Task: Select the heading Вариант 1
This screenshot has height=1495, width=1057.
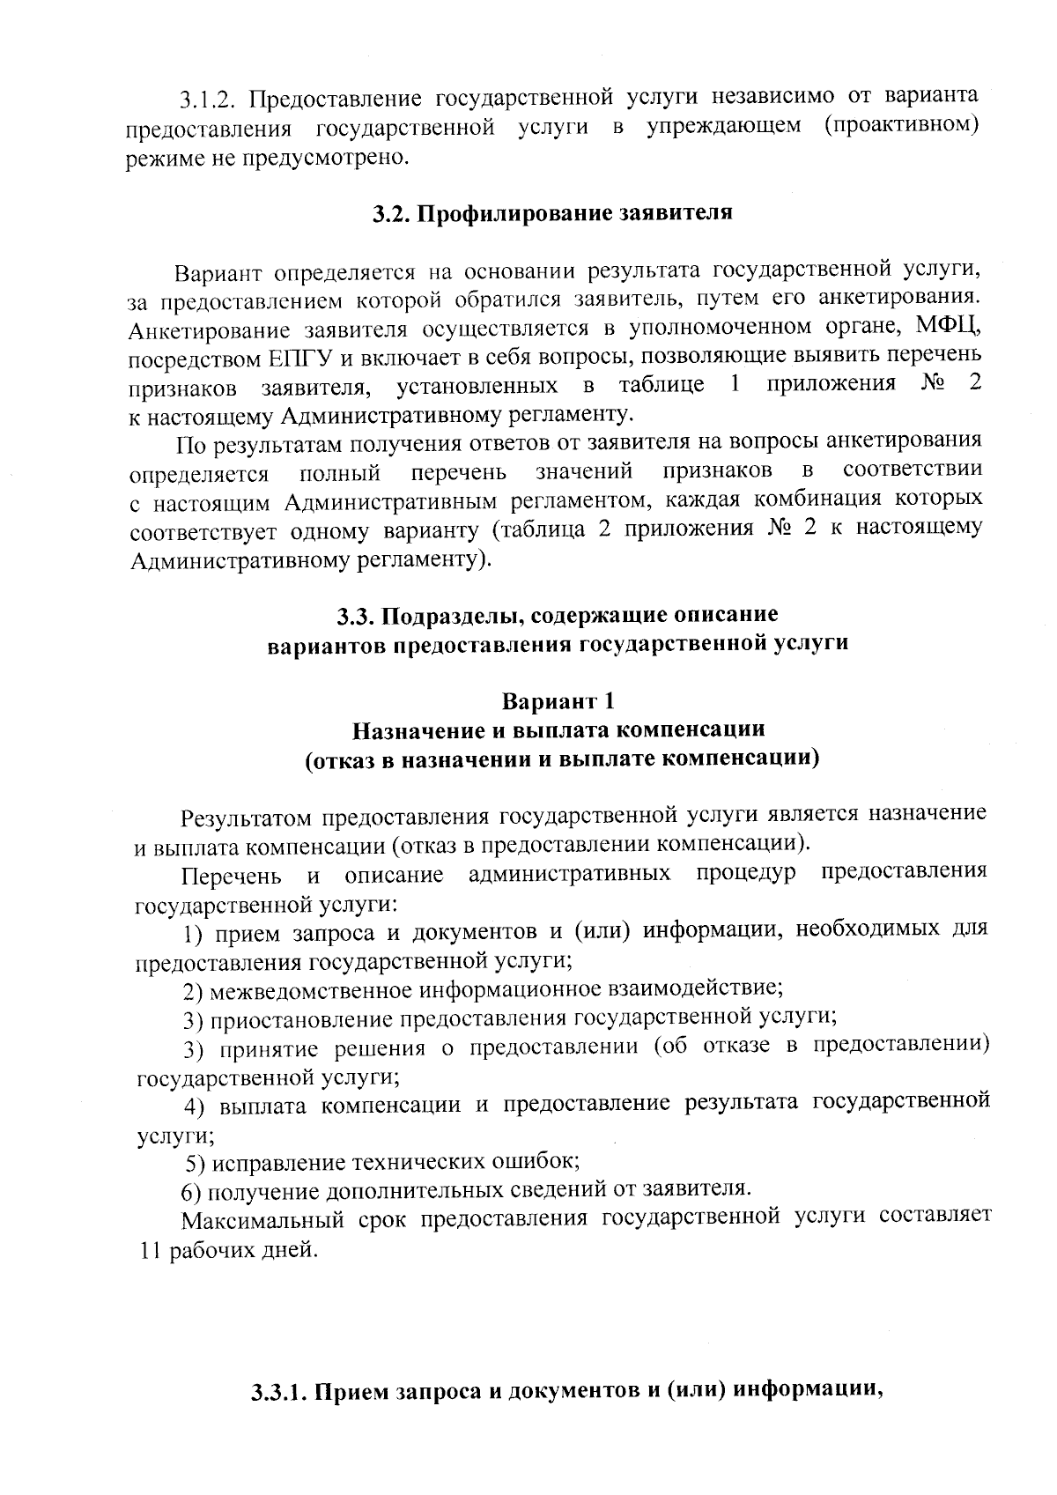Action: pyautogui.click(x=558, y=701)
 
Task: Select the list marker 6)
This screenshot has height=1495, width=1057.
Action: pyautogui.click(x=193, y=1190)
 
